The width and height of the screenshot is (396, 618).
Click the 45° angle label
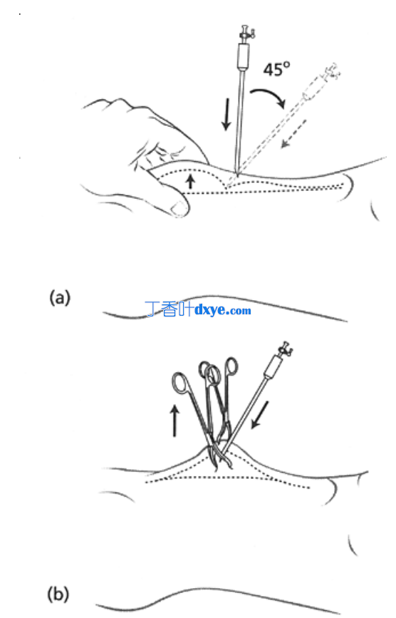click(x=277, y=69)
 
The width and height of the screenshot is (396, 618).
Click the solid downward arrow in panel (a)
click(x=226, y=114)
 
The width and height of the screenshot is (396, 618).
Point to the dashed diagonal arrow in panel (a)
click(x=293, y=134)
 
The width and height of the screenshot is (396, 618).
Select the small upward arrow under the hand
click(x=190, y=181)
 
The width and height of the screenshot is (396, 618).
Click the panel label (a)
click(x=60, y=297)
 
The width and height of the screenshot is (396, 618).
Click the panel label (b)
click(x=58, y=594)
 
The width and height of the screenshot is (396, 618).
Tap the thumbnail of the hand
click(x=179, y=207)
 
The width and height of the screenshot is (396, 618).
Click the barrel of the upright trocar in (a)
click(x=243, y=56)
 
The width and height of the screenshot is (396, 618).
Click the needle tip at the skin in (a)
click(x=237, y=172)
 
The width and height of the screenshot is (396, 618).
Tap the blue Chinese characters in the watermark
click(x=170, y=309)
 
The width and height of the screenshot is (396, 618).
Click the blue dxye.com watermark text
click(x=223, y=310)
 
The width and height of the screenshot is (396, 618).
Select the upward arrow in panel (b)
click(x=174, y=421)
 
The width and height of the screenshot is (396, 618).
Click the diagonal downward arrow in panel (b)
click(x=260, y=415)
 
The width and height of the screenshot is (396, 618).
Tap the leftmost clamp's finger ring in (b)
click(x=181, y=382)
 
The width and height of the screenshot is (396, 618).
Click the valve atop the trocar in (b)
click(x=286, y=349)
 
